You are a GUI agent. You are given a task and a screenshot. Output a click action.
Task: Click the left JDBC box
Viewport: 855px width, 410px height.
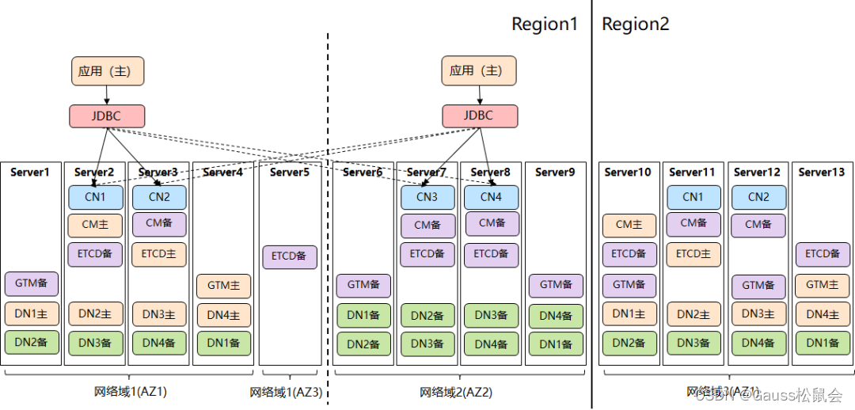(107, 116)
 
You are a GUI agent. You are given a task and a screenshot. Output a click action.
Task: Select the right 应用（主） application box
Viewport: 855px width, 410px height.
(478, 70)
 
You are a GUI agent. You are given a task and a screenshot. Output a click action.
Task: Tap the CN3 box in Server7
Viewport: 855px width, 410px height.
(427, 197)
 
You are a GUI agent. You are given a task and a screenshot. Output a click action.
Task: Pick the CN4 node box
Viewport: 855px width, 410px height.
(491, 197)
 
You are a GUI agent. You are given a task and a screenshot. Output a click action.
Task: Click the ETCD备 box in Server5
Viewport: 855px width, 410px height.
(290, 257)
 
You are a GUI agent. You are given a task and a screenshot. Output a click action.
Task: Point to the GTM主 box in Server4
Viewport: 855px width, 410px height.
(224, 285)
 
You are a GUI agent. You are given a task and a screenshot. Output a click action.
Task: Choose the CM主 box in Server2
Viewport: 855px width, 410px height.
(95, 225)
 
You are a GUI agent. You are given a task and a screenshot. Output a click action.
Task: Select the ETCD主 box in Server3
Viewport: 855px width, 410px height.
(159, 254)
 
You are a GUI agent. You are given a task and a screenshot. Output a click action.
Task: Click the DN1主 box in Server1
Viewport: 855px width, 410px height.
(32, 314)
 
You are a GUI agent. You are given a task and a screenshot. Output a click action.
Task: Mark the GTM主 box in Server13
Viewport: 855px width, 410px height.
(823, 284)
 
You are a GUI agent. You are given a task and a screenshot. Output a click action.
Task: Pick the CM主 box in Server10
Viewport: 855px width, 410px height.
(629, 225)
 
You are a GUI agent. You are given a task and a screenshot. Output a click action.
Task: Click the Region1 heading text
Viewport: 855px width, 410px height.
(545, 25)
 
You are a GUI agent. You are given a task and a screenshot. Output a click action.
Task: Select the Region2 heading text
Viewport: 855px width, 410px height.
(636, 25)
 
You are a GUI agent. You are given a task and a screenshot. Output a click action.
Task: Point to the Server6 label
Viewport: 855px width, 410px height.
(363, 172)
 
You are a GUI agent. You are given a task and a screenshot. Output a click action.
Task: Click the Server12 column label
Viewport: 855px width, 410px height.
(758, 172)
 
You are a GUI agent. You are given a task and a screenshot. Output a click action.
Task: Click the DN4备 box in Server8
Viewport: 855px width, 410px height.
(491, 344)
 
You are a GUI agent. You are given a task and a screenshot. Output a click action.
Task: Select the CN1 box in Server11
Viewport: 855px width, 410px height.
(693, 197)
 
